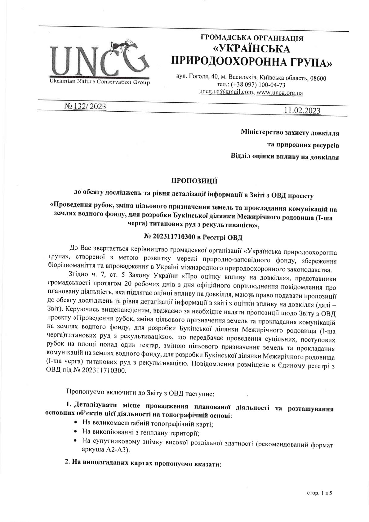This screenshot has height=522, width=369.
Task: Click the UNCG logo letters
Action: coord(93,60)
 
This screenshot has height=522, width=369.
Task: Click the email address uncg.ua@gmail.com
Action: coord(226,92)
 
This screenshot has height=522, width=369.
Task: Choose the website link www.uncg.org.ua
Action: coord(280,92)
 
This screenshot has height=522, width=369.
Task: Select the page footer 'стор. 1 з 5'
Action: coord(319,493)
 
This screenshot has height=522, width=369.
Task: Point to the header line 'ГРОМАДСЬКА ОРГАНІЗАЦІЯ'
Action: coord(252,38)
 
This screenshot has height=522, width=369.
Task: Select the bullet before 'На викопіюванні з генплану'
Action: coord(76,431)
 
